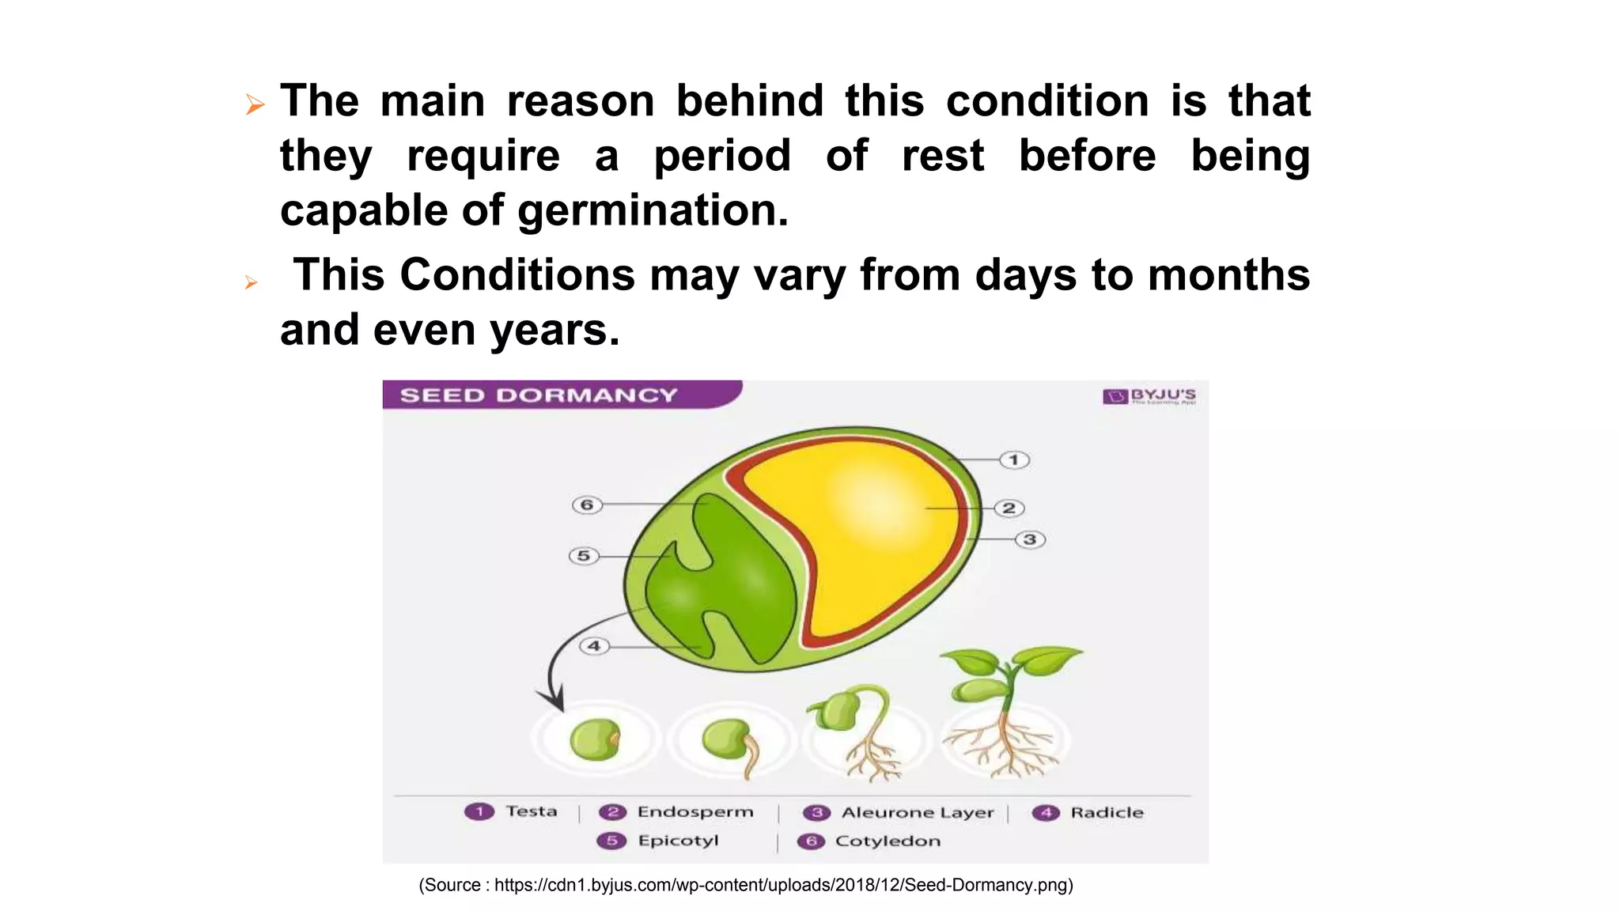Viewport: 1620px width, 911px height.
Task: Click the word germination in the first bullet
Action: (x=653, y=211)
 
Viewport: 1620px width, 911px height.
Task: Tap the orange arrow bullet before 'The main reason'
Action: (x=254, y=104)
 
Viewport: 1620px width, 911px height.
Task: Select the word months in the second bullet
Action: (x=1228, y=275)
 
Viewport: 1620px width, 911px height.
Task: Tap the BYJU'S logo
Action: (x=1149, y=395)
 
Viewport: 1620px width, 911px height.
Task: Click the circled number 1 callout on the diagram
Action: (x=1014, y=459)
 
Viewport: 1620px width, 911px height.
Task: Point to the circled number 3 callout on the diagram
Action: (x=1030, y=539)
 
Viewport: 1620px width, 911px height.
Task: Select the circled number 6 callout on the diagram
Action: (x=587, y=505)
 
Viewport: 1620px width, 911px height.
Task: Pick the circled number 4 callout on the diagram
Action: (x=594, y=646)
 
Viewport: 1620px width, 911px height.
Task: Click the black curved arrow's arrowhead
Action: (x=554, y=700)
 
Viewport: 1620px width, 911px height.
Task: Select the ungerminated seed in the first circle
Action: (x=595, y=739)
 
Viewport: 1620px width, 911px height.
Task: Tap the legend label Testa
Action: (x=532, y=811)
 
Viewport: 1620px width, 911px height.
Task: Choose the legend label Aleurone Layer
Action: (x=917, y=813)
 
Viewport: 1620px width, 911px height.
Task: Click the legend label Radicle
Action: (x=1107, y=813)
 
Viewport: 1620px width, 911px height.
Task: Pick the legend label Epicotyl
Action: (x=678, y=841)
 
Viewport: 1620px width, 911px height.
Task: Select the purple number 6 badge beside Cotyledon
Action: (x=811, y=841)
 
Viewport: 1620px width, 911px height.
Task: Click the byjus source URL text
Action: (x=745, y=885)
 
